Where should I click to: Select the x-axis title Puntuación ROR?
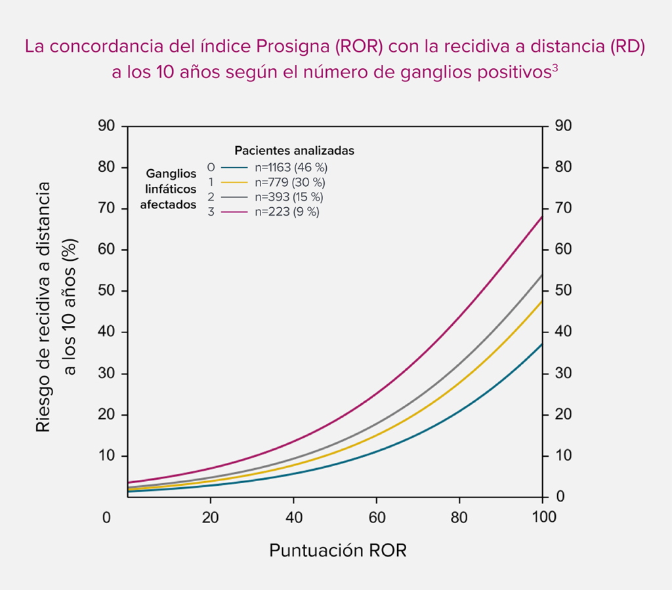(x=338, y=550)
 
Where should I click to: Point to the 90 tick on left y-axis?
(x=106, y=126)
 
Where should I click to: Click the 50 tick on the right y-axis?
(x=563, y=291)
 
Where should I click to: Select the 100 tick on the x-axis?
(x=542, y=517)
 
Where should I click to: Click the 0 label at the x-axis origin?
(x=106, y=517)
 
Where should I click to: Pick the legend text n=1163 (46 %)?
(x=291, y=167)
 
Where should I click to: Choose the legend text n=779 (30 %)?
(x=289, y=182)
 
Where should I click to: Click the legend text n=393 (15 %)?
(x=289, y=197)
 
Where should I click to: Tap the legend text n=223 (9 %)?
(x=286, y=212)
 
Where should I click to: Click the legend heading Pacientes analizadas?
(x=294, y=151)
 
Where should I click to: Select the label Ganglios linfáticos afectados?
(x=171, y=189)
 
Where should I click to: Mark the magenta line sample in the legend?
(x=234, y=212)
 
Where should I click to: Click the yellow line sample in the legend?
(x=234, y=182)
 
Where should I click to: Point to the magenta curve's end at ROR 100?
(x=541, y=216)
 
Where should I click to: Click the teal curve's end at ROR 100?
(x=541, y=344)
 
